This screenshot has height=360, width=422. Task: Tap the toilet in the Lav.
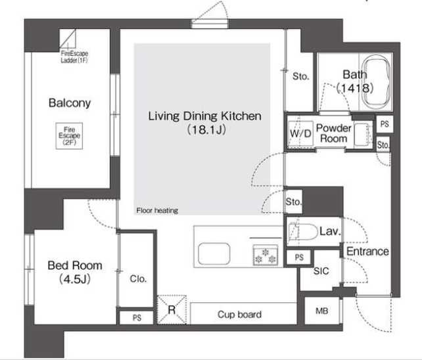(x=302, y=232)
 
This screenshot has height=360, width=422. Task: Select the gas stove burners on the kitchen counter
(x=265, y=256)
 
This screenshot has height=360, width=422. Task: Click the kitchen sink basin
(x=214, y=254)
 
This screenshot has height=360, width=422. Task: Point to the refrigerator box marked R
(x=172, y=309)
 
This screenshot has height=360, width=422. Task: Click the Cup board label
(x=239, y=314)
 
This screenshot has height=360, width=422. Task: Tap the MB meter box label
(x=321, y=311)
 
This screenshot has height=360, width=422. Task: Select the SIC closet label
(x=321, y=271)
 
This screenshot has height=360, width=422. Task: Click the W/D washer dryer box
(x=300, y=133)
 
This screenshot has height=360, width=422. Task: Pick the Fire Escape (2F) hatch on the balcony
(x=69, y=136)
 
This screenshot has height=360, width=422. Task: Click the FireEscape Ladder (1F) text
(x=74, y=56)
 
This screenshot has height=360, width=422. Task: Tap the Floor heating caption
(x=157, y=210)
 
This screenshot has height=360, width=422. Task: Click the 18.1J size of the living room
(x=206, y=130)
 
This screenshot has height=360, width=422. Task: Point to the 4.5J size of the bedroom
(x=74, y=279)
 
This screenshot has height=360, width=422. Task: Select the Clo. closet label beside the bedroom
(x=138, y=279)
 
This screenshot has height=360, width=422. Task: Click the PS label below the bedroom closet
(x=137, y=318)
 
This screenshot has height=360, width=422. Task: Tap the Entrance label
(x=367, y=252)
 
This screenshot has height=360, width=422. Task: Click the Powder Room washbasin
(x=362, y=135)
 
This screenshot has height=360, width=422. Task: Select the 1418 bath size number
(x=355, y=88)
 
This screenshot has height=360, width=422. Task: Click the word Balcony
(x=70, y=103)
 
